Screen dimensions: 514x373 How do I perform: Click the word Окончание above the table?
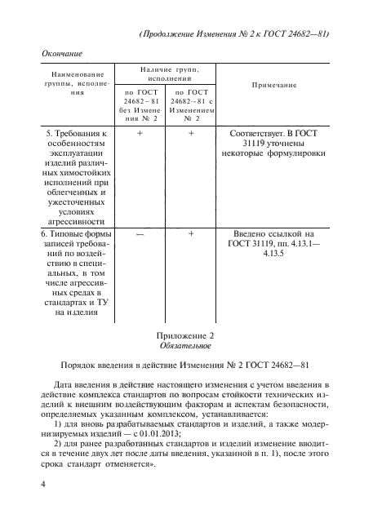click(x=64, y=52)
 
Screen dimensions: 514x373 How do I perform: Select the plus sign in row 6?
click(x=191, y=233)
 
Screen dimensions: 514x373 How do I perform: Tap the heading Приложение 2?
click(x=183, y=335)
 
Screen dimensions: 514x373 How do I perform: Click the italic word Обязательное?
click(x=184, y=347)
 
